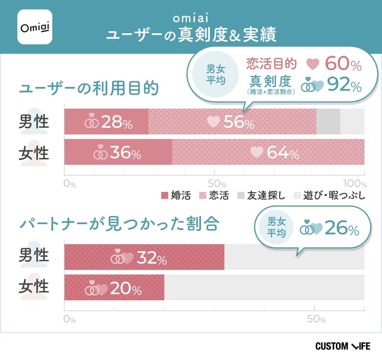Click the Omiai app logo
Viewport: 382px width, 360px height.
pyautogui.click(x=35, y=27)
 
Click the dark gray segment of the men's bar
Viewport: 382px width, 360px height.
pyautogui.click(x=328, y=122)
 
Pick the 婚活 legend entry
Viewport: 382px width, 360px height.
pyautogui.click(x=176, y=196)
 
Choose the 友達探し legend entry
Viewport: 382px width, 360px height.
pyautogui.click(x=261, y=196)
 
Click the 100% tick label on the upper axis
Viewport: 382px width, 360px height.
pyautogui.click(x=355, y=184)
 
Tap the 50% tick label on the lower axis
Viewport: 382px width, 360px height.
pyautogui.click(x=316, y=319)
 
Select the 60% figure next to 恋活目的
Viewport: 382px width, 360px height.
pyautogui.click(x=343, y=64)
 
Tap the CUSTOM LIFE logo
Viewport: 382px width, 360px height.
pyautogui.click(x=343, y=346)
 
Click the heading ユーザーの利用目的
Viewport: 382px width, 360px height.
pyautogui.click(x=89, y=89)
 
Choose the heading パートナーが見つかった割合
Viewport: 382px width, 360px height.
pyautogui.click(x=119, y=224)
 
